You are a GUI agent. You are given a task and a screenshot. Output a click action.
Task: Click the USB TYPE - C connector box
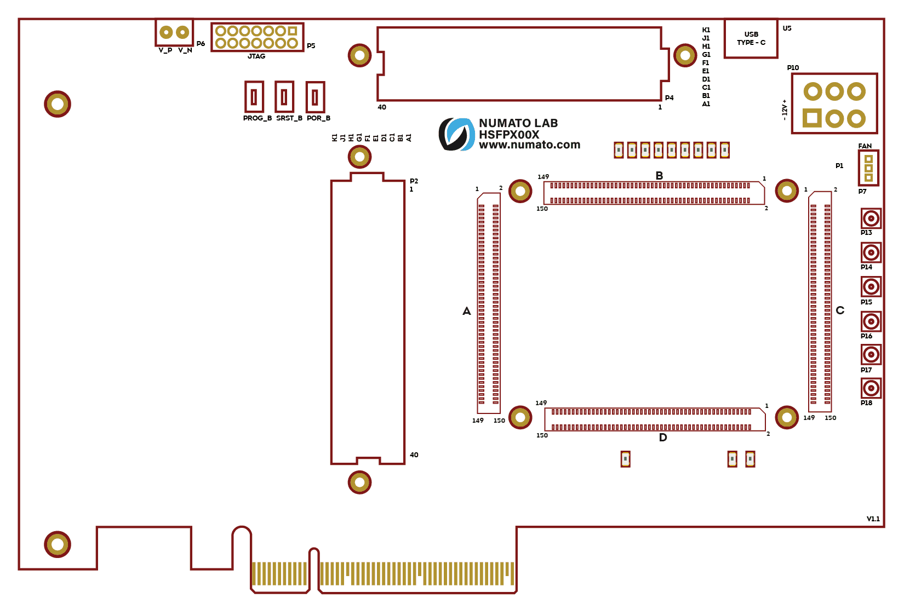(751, 38)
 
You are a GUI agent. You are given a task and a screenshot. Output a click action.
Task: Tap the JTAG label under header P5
(256, 56)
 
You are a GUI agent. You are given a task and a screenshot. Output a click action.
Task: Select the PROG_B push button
(254, 97)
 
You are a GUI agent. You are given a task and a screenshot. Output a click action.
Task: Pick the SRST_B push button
(284, 97)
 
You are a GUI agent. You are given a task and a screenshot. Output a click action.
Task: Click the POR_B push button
(315, 97)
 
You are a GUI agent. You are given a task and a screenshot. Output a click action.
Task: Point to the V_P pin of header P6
(166, 32)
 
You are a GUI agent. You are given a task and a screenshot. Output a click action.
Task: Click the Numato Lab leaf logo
(456, 134)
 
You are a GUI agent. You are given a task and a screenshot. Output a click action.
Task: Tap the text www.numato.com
(529, 145)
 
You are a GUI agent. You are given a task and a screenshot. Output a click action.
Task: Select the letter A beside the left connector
(466, 311)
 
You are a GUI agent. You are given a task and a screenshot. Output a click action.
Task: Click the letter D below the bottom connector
(663, 438)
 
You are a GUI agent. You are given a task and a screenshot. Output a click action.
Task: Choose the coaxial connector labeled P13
(871, 218)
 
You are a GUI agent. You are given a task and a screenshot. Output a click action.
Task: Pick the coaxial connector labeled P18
(871, 389)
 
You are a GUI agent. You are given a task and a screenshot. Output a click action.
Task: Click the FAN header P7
(868, 168)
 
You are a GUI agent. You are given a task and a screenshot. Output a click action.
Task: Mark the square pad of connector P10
(812, 118)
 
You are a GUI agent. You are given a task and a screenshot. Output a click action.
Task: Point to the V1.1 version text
(873, 519)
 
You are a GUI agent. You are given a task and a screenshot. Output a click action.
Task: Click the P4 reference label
(669, 98)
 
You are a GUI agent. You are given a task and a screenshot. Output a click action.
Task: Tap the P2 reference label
(414, 181)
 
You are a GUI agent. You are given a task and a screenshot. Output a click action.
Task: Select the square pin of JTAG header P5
(293, 31)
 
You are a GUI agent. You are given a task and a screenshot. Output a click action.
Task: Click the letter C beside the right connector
(840, 310)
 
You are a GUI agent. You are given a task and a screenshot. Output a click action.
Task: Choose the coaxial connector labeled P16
(871, 321)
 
